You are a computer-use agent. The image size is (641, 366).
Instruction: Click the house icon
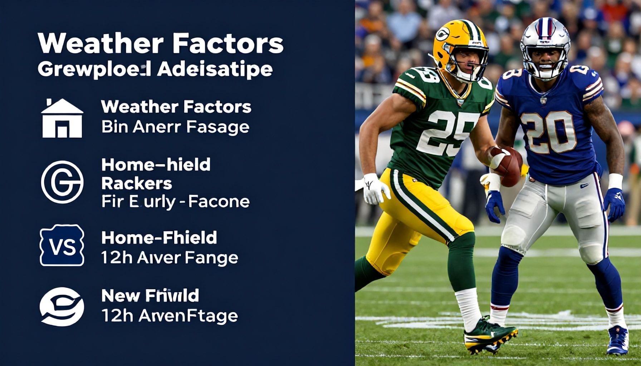(x=62, y=118)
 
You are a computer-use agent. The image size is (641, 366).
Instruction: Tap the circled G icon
(x=62, y=182)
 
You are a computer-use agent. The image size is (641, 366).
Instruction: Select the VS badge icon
(x=62, y=245)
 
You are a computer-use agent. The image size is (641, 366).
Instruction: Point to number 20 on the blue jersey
(x=548, y=132)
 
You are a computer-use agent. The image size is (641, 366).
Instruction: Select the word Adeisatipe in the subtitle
(x=215, y=69)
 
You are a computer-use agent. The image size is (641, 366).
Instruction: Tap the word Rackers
(x=137, y=183)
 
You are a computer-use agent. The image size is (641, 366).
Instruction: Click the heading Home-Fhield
(x=159, y=238)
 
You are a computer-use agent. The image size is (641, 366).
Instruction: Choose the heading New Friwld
(x=150, y=296)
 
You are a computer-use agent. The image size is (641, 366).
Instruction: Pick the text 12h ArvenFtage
(x=170, y=316)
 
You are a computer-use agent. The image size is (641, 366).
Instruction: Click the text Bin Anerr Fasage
(x=175, y=127)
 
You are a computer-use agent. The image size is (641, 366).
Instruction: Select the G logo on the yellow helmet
(x=442, y=34)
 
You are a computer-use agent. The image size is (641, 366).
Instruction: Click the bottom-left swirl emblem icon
(x=62, y=307)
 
